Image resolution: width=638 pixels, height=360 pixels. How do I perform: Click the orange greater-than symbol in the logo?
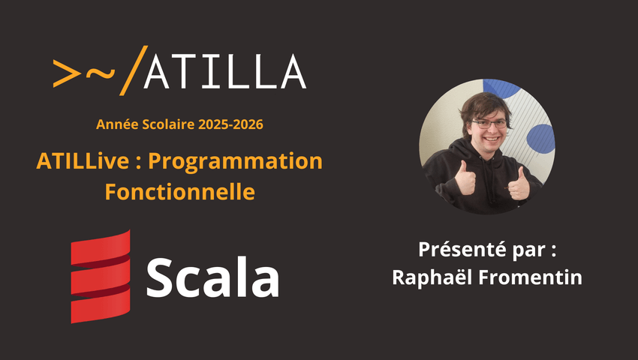pos(67,73)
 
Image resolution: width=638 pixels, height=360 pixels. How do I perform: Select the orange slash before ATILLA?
pos(134,70)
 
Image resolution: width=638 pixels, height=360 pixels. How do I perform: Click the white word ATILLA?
pos(225,71)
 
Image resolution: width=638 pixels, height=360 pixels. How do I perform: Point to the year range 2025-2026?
pos(230,124)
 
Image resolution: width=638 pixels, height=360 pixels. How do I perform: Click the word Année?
pos(117,124)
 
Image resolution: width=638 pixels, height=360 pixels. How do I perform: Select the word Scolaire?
pos(168,124)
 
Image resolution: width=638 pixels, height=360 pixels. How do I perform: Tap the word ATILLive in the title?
pos(83,161)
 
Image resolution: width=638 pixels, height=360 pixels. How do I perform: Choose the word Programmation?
pos(235,162)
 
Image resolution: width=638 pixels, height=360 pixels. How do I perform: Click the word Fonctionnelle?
pos(180,192)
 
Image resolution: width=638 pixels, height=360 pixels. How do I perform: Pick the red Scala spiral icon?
pos(101,277)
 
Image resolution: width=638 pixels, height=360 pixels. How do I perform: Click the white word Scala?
pos(213,277)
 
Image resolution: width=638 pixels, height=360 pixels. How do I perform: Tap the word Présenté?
pos(463,249)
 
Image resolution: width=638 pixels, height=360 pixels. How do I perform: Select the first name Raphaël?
pos(433,277)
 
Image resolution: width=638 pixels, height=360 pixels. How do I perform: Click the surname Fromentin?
pos(531,277)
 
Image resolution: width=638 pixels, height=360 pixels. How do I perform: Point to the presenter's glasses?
pos(489,124)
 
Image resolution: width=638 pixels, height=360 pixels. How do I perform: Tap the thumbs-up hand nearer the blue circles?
pos(519,184)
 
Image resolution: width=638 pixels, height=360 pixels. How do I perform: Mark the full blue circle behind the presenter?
pos(540,139)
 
